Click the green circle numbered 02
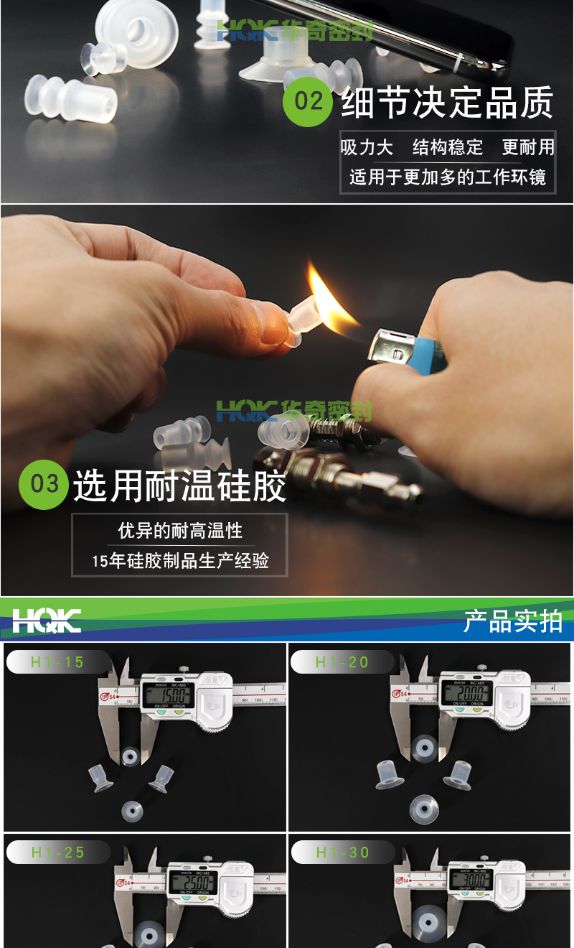point(308,102)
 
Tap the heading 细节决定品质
point(446,103)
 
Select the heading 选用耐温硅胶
point(179,486)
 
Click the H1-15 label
point(57,662)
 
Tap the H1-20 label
point(342,662)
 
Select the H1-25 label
point(57,852)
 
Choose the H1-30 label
point(342,852)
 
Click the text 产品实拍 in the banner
point(512,621)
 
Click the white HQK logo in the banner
point(47,621)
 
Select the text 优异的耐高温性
point(180,531)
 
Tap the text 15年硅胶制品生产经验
point(180,561)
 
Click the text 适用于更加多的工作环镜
point(448,177)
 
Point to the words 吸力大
point(367,148)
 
